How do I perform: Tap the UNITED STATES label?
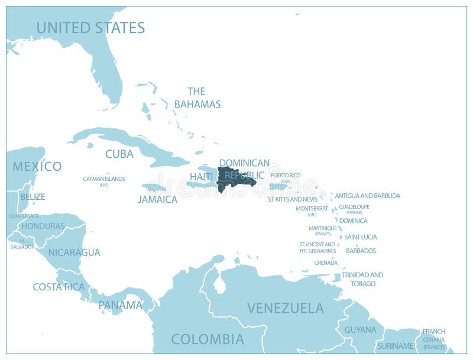(90, 27)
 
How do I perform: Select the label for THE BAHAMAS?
(196, 98)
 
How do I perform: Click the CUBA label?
(119, 154)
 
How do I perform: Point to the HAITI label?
(201, 177)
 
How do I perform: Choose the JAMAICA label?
(157, 199)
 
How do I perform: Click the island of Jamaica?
(154, 188)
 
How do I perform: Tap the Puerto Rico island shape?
(278, 187)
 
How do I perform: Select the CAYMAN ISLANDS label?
(104, 179)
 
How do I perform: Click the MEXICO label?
(37, 166)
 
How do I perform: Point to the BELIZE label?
(33, 197)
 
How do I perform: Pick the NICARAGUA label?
(74, 252)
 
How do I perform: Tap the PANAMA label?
(120, 305)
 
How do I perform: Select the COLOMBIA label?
(208, 339)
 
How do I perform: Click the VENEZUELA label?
(286, 308)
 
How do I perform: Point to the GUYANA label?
(360, 329)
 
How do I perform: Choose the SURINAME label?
(396, 346)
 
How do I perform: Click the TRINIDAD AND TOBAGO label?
(362, 279)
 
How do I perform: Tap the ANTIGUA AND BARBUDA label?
(368, 196)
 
